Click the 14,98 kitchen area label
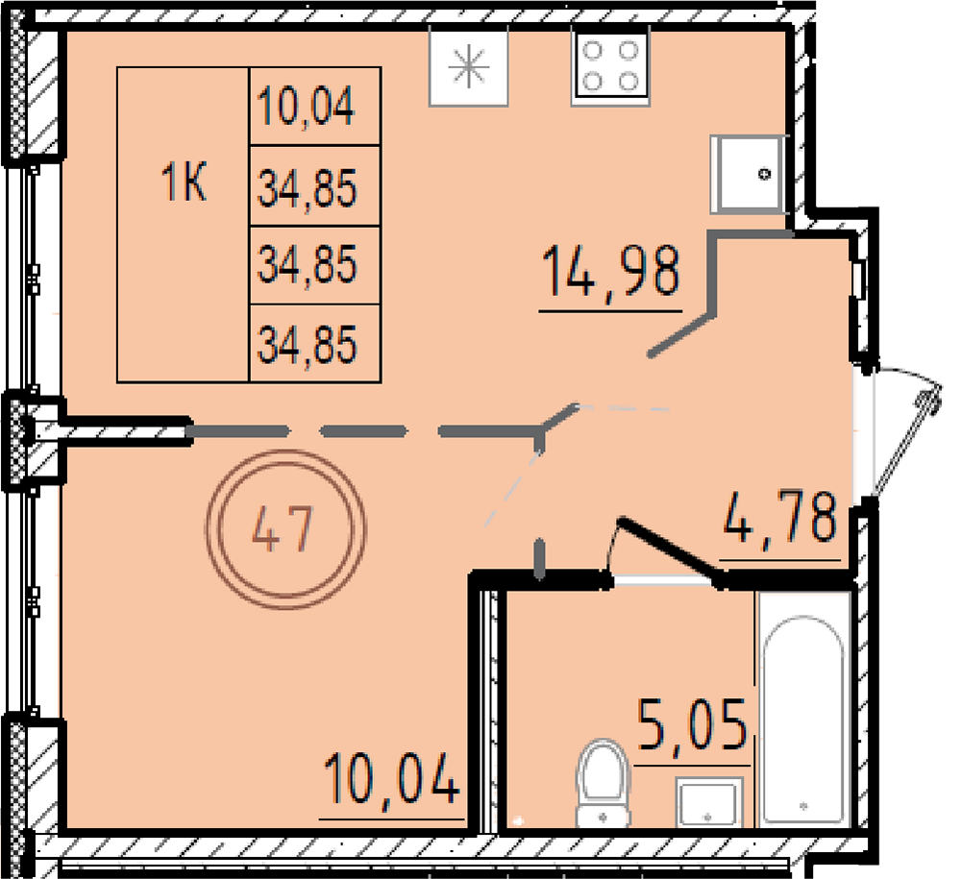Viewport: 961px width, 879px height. point(611,271)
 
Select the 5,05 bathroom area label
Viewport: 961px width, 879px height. point(693,726)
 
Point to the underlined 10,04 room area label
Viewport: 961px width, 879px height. point(392,779)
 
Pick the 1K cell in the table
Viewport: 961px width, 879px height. point(184,183)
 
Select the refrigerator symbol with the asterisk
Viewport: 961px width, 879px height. point(469,66)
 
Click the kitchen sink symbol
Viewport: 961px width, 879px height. point(747,174)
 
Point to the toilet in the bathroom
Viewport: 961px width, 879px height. point(604,783)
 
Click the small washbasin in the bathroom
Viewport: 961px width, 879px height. point(710,802)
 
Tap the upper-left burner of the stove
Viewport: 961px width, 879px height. point(591,51)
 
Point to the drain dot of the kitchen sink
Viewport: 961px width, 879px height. point(764,175)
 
